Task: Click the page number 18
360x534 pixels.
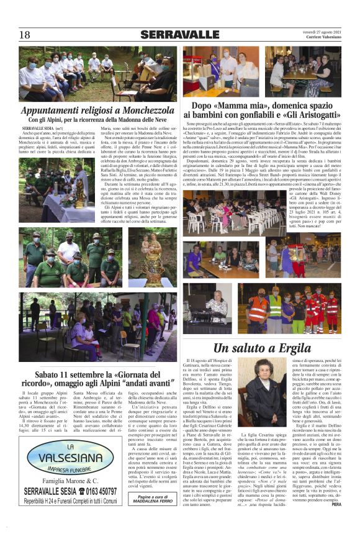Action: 25,35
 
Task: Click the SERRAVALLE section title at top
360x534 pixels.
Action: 179,35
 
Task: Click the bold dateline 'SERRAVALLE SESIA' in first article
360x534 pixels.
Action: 37,127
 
